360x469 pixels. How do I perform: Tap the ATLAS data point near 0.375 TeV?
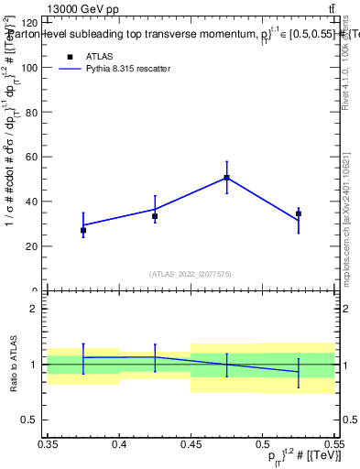[x=83, y=230]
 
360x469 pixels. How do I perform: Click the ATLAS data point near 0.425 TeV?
[x=155, y=216]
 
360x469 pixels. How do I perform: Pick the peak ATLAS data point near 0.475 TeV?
[x=226, y=178]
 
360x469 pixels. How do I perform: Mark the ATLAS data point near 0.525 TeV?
[x=299, y=213]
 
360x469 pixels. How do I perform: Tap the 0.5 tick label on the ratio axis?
[x=31, y=420]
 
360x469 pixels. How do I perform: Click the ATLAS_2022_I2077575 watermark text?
[x=191, y=273]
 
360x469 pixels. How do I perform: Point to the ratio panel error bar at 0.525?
[x=299, y=371]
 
